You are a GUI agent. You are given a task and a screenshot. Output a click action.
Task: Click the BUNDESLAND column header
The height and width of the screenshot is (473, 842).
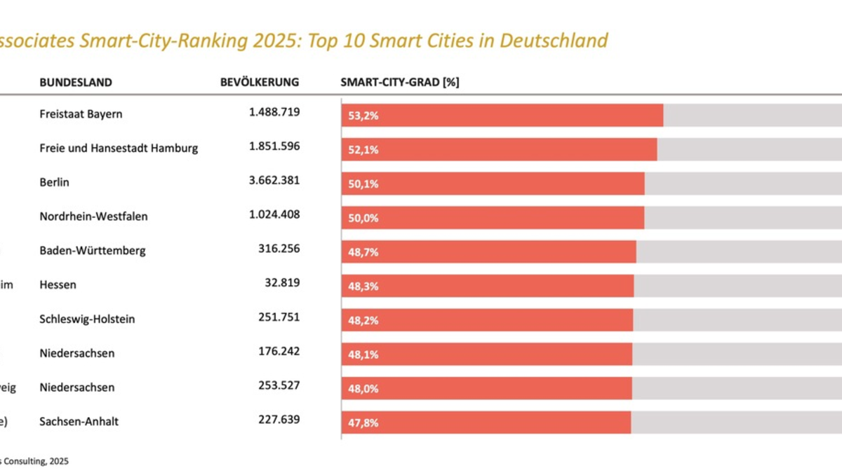[x=76, y=82]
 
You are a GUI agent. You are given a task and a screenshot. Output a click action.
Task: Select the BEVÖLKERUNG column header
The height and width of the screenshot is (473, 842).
[x=260, y=82]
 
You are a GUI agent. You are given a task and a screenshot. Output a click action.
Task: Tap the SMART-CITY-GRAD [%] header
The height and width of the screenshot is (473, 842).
[x=400, y=82]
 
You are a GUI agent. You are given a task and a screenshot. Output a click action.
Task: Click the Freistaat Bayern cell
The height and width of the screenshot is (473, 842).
[x=81, y=114]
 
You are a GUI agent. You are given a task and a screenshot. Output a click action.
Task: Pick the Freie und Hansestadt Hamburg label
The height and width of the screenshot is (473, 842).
[x=119, y=148]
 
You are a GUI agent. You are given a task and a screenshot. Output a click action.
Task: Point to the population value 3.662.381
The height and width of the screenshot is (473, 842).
[x=274, y=180]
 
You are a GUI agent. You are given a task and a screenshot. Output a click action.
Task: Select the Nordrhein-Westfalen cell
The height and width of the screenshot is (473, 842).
[x=93, y=217]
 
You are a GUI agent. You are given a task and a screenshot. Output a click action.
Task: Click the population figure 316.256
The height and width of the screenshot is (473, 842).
[x=279, y=249]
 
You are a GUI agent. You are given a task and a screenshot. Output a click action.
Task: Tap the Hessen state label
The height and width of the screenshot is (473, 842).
[x=58, y=285]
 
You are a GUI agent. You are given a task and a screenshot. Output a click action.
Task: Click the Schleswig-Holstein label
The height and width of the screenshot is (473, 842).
[x=87, y=319]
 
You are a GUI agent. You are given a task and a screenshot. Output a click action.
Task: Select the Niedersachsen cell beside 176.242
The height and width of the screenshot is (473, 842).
[x=77, y=353]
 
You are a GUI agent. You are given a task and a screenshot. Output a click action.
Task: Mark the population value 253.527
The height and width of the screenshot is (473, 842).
[x=279, y=385]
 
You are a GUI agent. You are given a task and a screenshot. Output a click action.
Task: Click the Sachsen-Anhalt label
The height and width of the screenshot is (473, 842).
[x=79, y=421]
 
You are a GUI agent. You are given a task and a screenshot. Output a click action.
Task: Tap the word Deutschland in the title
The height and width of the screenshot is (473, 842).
[x=554, y=41]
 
